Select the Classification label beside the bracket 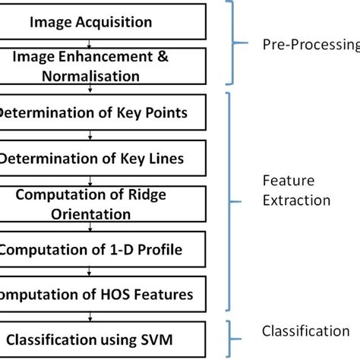pos(305,330)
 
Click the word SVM pos(168,338)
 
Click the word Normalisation pos(91,76)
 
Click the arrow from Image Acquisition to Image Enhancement pos(91,43)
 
